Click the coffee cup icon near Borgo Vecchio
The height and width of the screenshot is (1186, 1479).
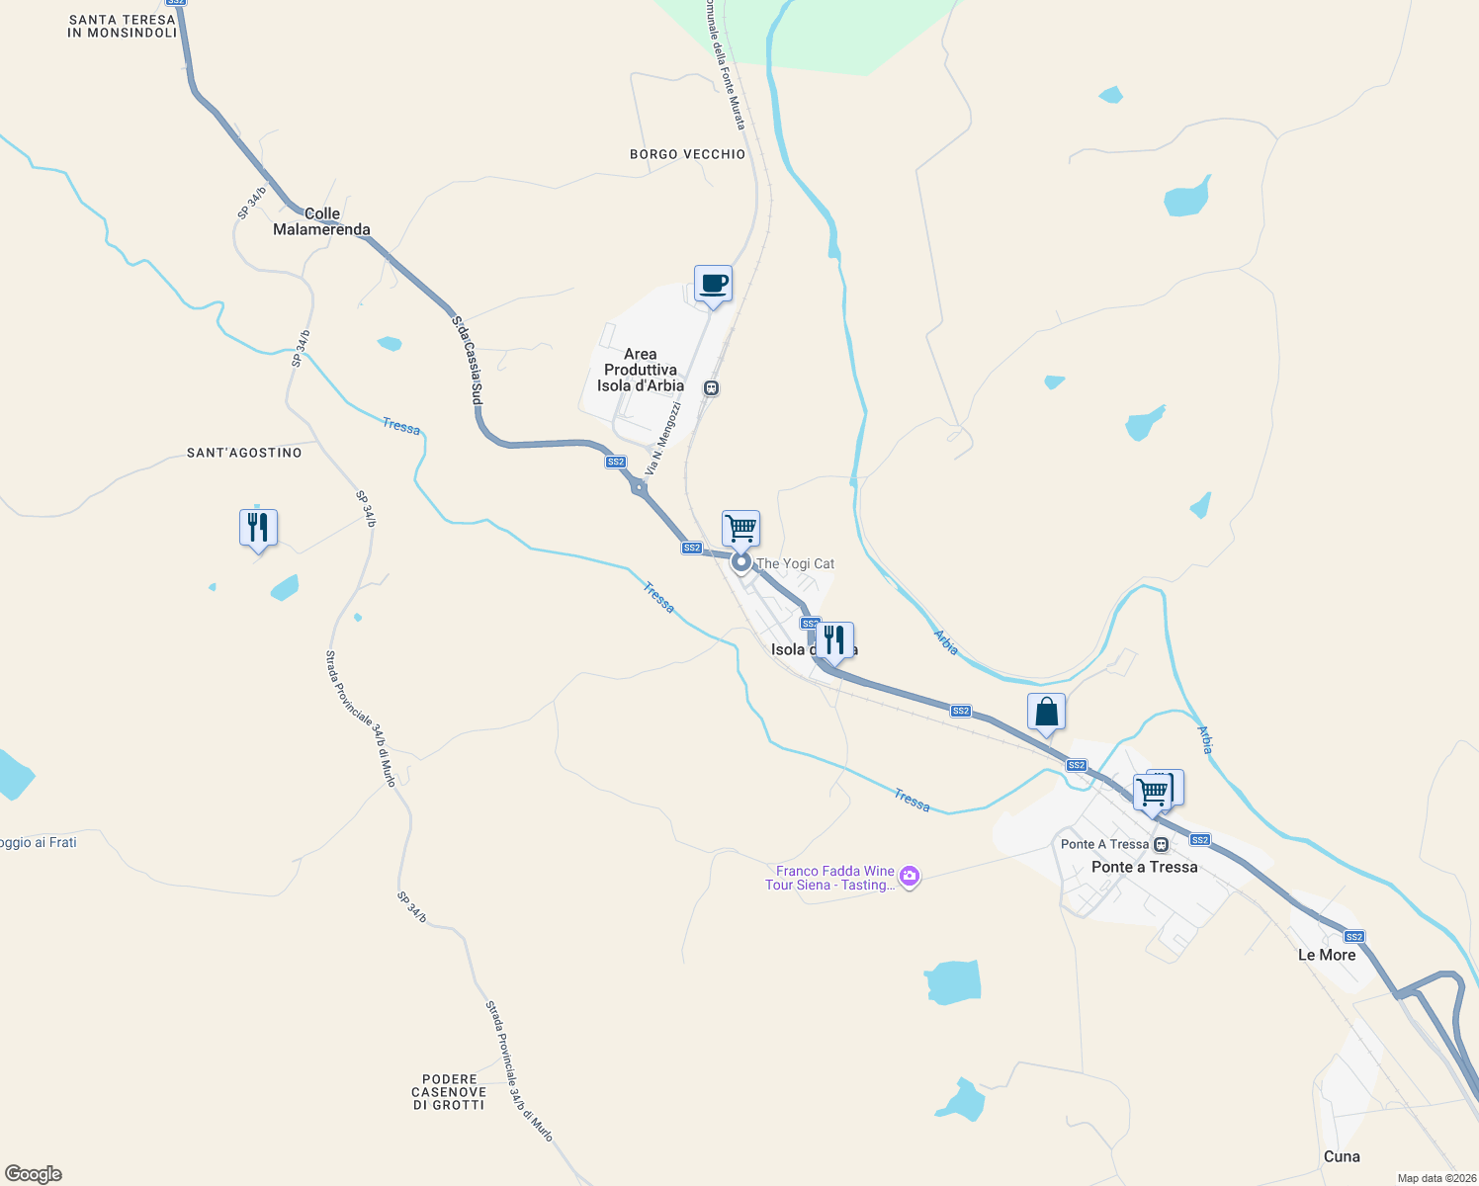tap(713, 285)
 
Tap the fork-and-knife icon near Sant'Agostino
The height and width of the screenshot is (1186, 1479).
tap(258, 528)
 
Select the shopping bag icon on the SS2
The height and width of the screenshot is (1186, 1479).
tap(1046, 712)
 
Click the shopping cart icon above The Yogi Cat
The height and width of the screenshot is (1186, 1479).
tap(740, 529)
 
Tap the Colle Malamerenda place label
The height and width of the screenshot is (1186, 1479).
tap(321, 221)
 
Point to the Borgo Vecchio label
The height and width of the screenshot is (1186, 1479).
tap(687, 154)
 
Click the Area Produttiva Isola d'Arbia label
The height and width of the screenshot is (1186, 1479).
tap(641, 370)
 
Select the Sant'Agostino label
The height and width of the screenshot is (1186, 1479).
tap(244, 453)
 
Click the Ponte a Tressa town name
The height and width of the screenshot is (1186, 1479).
tap(1144, 867)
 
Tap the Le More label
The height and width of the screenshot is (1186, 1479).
tap(1326, 955)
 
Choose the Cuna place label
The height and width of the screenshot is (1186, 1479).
tap(1342, 1156)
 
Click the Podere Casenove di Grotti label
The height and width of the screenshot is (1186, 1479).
tap(449, 1092)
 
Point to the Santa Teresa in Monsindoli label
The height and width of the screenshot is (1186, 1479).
tap(122, 27)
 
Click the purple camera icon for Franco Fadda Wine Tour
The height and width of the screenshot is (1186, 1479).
tap(910, 877)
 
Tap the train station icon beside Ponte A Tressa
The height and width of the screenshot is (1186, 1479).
tap(1162, 844)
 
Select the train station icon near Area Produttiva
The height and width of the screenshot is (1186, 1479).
tap(711, 388)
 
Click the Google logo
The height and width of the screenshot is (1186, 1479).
tap(34, 1174)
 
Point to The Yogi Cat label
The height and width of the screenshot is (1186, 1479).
tap(795, 563)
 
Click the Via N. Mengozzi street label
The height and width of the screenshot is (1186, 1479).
tap(663, 438)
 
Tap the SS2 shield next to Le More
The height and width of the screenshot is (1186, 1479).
tap(1354, 937)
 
